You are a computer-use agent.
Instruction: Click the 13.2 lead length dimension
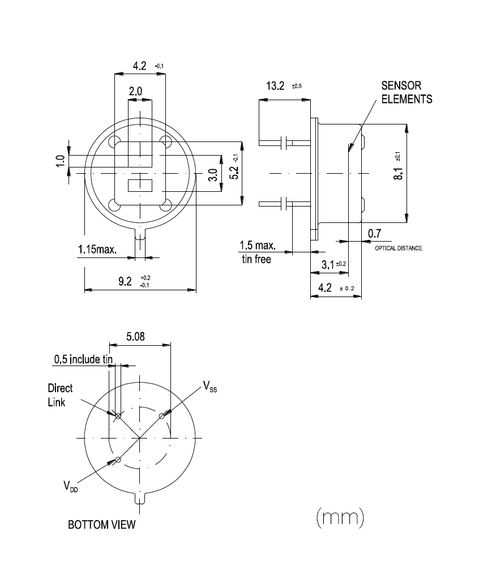pos(276,87)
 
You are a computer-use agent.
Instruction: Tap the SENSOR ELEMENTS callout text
pos(406,93)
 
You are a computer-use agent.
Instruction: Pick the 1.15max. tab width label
pos(97,250)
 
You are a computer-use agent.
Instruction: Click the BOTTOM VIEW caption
pos(102,525)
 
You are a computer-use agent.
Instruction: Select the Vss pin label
pos(210,388)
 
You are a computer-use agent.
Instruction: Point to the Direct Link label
pos(60,396)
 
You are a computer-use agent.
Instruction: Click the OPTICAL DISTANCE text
pos(399,248)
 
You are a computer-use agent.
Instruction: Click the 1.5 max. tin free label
pos(257,252)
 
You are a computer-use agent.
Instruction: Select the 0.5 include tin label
pos(84,359)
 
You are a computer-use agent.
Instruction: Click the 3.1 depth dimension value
pos(328,264)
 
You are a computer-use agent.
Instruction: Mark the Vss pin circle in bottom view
pos(162,416)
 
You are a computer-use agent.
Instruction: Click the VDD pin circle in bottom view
pos(118,459)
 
